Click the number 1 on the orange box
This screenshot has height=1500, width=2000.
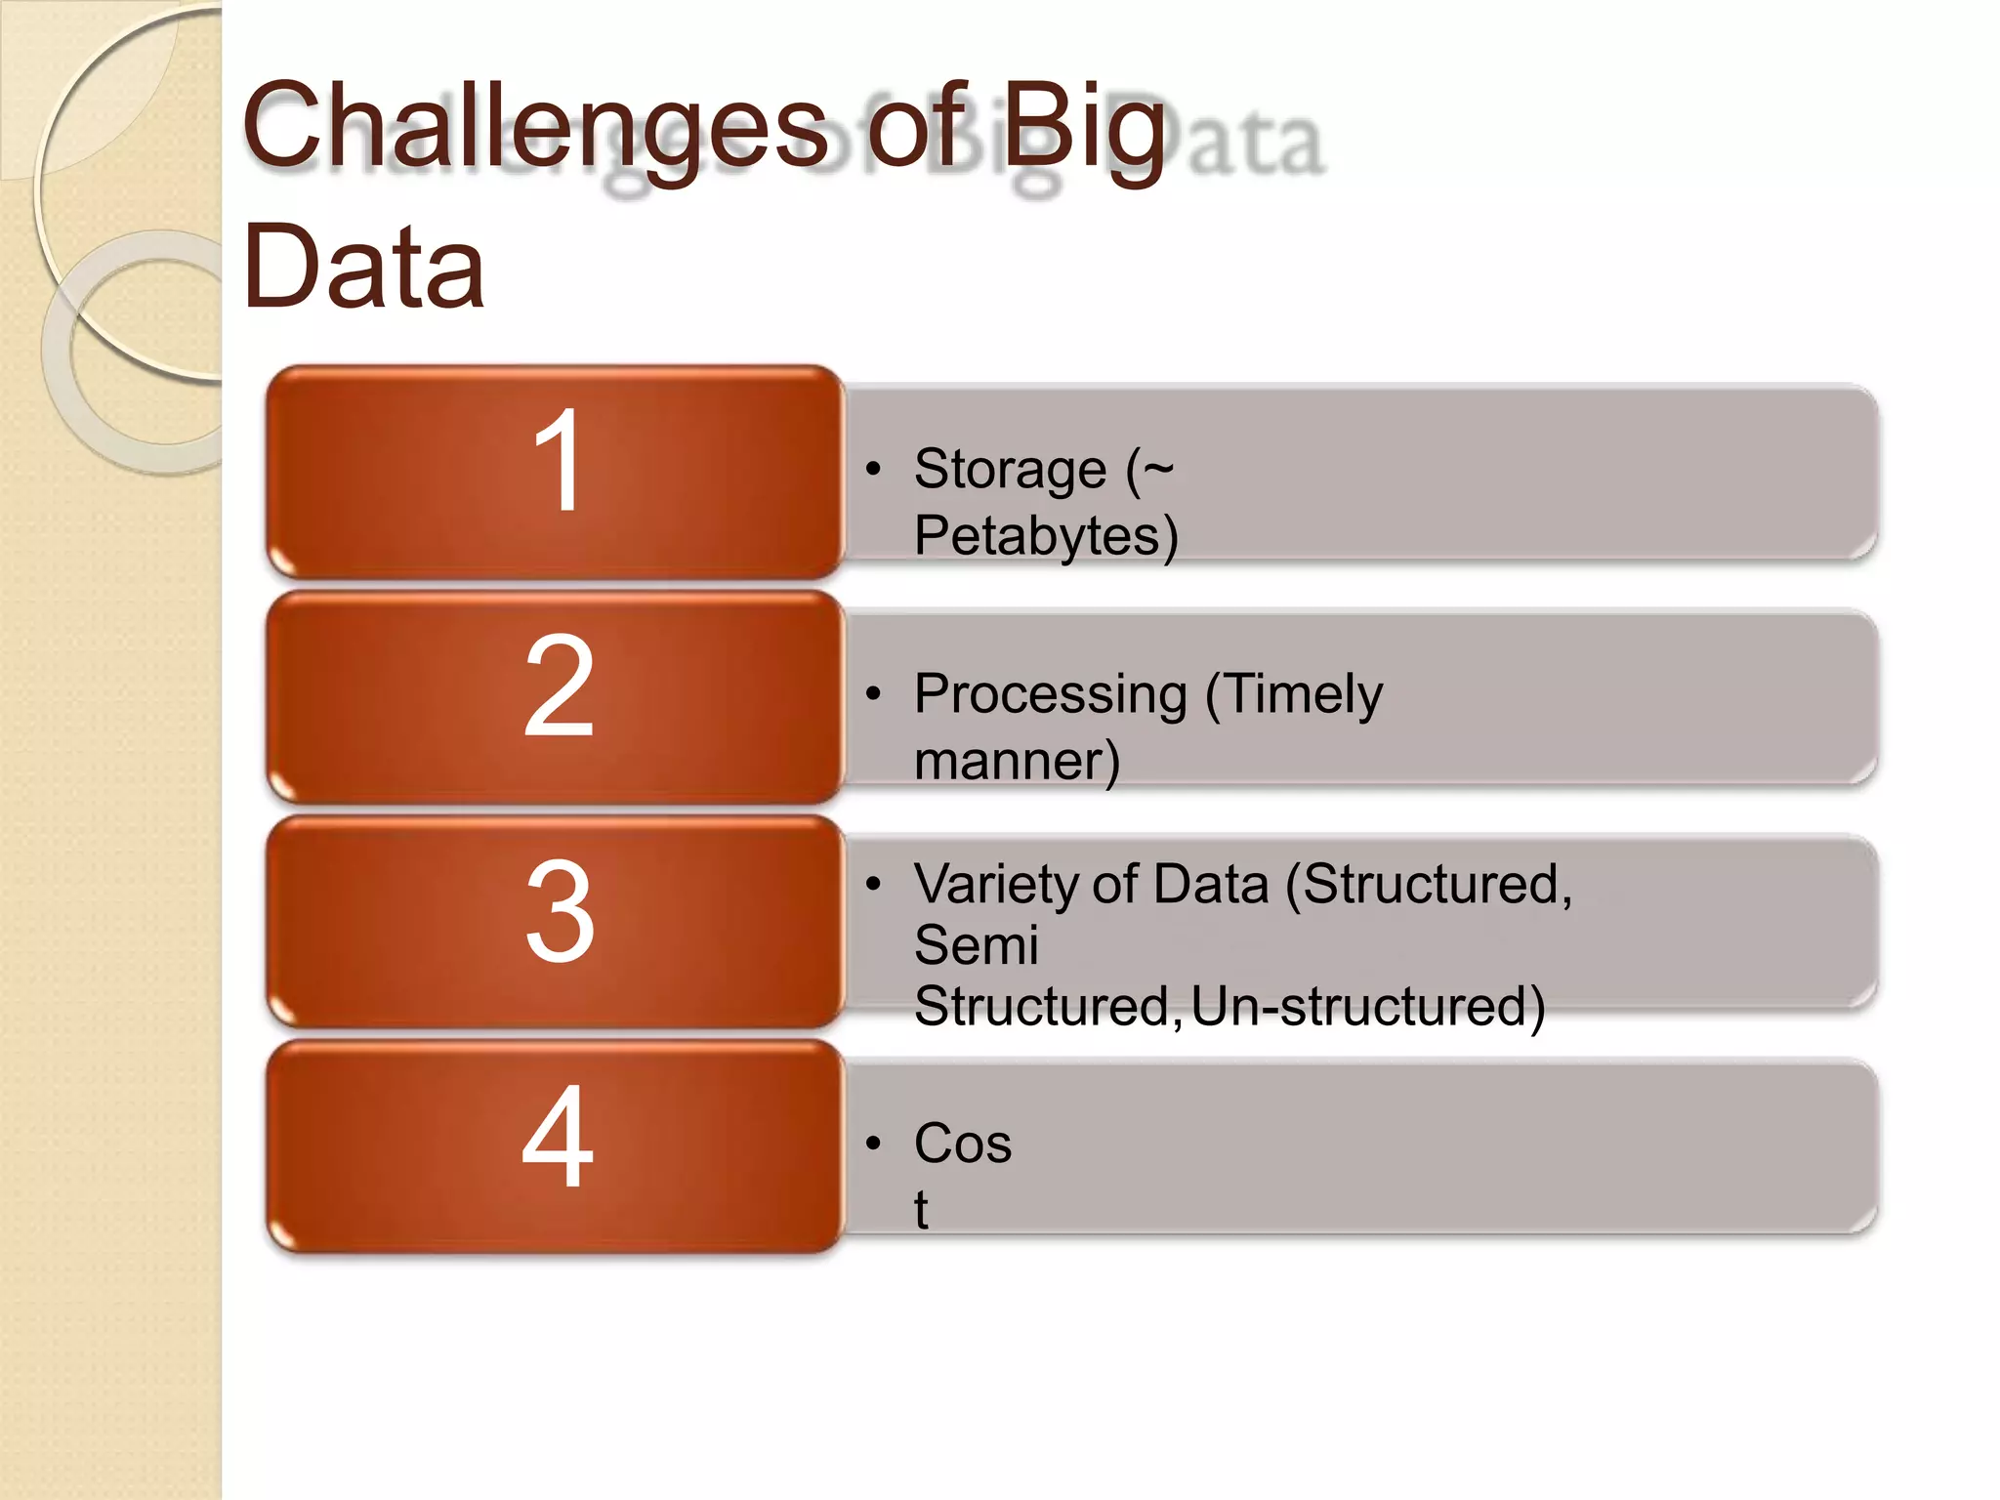coord(558,461)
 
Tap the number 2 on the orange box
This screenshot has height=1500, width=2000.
coord(558,686)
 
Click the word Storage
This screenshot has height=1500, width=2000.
coord(1010,471)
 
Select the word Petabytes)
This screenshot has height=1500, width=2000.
coord(1046,536)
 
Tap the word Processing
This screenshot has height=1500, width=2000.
coord(1051,695)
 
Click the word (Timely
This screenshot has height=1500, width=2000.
coord(1294,695)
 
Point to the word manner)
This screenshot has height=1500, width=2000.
coord(1017,761)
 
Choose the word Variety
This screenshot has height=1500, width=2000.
coord(994,885)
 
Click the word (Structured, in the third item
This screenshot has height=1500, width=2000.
coord(1429,885)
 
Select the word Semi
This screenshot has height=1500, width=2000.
coord(976,945)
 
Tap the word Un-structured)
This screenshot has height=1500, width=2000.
coord(1368,1007)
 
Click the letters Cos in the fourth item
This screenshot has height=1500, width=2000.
coord(963,1144)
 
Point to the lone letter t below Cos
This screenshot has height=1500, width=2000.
coord(921,1210)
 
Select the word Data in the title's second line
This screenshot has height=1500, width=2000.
coord(364,266)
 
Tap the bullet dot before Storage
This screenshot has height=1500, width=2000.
coord(873,470)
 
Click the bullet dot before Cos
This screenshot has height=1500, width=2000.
coord(873,1144)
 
